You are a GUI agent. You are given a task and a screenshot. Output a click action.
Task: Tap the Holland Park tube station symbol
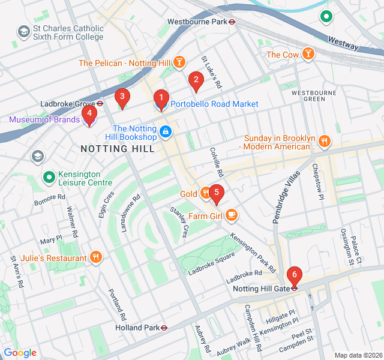164,328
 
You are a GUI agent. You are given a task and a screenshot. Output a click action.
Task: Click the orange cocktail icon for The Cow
308,55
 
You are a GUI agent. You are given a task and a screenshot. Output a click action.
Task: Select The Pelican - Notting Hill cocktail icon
179,62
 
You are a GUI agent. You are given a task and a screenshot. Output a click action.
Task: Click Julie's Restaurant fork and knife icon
95,258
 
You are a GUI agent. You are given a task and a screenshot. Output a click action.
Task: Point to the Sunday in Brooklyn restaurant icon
324,142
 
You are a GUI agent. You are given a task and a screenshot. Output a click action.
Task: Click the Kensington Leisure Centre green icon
49,178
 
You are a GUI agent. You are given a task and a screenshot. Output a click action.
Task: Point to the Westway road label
343,42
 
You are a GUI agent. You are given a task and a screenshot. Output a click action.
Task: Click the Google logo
20,353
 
